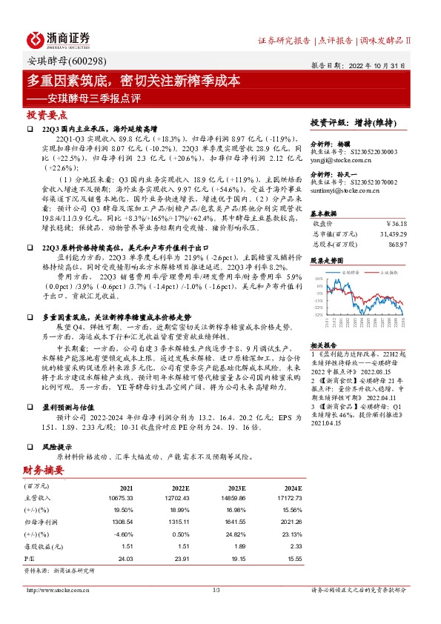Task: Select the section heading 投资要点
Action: pyautogui.click(x=47, y=115)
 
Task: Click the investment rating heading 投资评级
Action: pyautogui.click(x=328, y=120)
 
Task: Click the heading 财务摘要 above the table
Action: pyautogui.click(x=42, y=471)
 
